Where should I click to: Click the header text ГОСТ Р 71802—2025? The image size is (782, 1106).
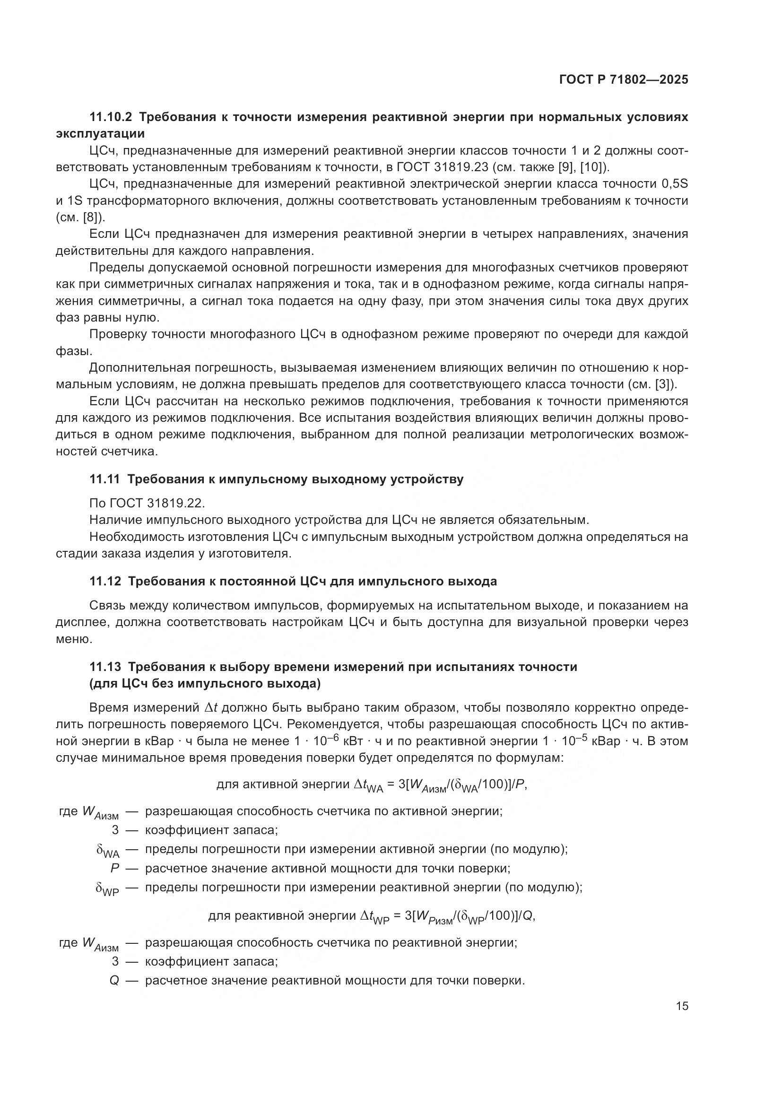pos(624,80)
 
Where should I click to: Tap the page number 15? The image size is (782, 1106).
pos(682,1006)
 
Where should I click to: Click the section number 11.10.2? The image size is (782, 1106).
pos(110,117)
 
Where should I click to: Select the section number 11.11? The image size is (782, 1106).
pos(105,479)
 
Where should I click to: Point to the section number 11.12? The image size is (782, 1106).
pos(105,582)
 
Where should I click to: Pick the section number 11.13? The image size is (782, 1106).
pos(105,667)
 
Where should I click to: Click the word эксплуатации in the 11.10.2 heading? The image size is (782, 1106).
pos(100,133)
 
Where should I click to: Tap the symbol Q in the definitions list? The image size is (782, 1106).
pos(114,980)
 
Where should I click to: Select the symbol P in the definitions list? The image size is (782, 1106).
pos(114,869)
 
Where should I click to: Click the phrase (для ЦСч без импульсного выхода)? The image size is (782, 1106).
pos(205,684)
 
